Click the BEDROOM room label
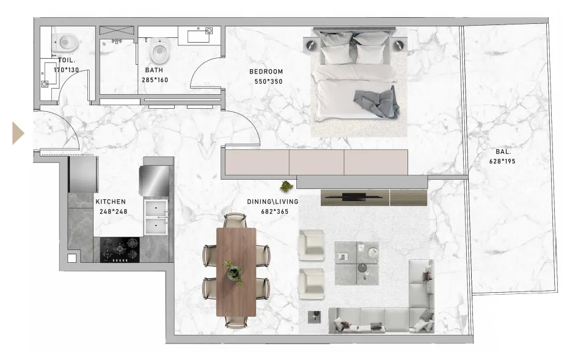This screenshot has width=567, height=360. click(x=266, y=72)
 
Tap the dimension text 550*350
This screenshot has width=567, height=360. click(x=268, y=81)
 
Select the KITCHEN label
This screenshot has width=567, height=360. click(x=111, y=202)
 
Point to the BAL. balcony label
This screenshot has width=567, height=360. click(x=503, y=152)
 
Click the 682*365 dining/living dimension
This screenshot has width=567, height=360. click(x=275, y=211)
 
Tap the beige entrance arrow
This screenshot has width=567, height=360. click(x=18, y=133)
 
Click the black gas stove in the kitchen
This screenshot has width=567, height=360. click(x=120, y=249)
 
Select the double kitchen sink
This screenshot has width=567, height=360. click(x=156, y=216)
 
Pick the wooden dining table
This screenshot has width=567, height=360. click(x=236, y=271)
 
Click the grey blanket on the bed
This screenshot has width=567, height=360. click(x=376, y=103)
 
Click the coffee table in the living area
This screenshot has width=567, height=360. click(x=357, y=263)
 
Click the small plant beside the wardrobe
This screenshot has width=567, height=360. click(x=287, y=186)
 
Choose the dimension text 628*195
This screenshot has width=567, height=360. click(x=502, y=161)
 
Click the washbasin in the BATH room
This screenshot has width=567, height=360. click(x=199, y=35)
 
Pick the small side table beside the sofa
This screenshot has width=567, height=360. click(x=314, y=317)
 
